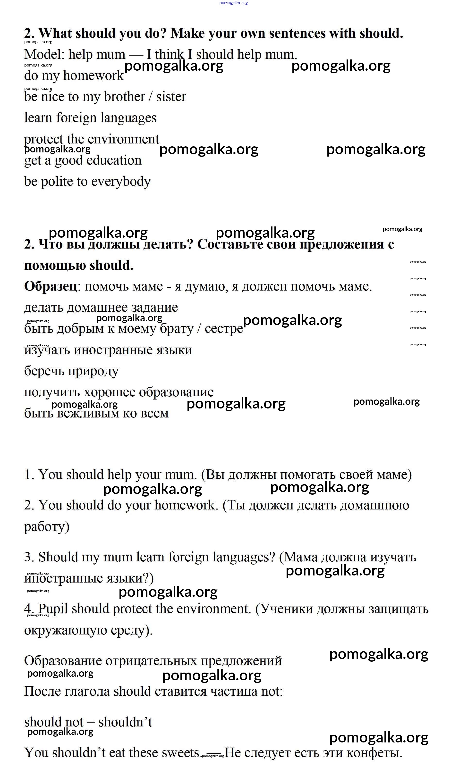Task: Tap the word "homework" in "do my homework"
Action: [x=93, y=76]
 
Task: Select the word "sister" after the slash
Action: [x=171, y=97]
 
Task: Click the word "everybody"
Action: [x=121, y=182]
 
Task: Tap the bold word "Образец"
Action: [x=50, y=286]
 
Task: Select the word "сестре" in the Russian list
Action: [x=224, y=329]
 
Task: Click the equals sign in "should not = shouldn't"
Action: [x=91, y=722]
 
